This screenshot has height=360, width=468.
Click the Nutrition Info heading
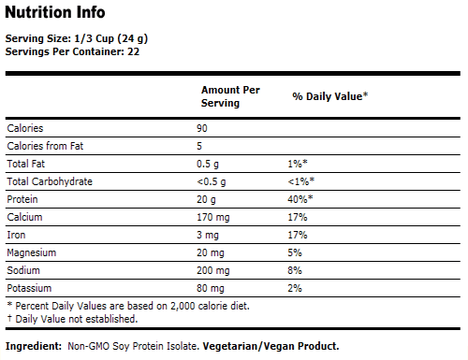coord(55,13)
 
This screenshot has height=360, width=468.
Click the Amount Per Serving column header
coord(230,95)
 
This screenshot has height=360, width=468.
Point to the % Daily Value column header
coord(329,96)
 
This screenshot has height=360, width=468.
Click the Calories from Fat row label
coord(46,145)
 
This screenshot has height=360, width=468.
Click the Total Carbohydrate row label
coord(50,180)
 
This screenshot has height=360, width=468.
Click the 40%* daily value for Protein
coord(302,198)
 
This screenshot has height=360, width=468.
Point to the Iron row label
coord(16,234)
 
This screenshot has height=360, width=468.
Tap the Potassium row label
coord(30,287)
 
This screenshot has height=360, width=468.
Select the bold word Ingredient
coord(35,346)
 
